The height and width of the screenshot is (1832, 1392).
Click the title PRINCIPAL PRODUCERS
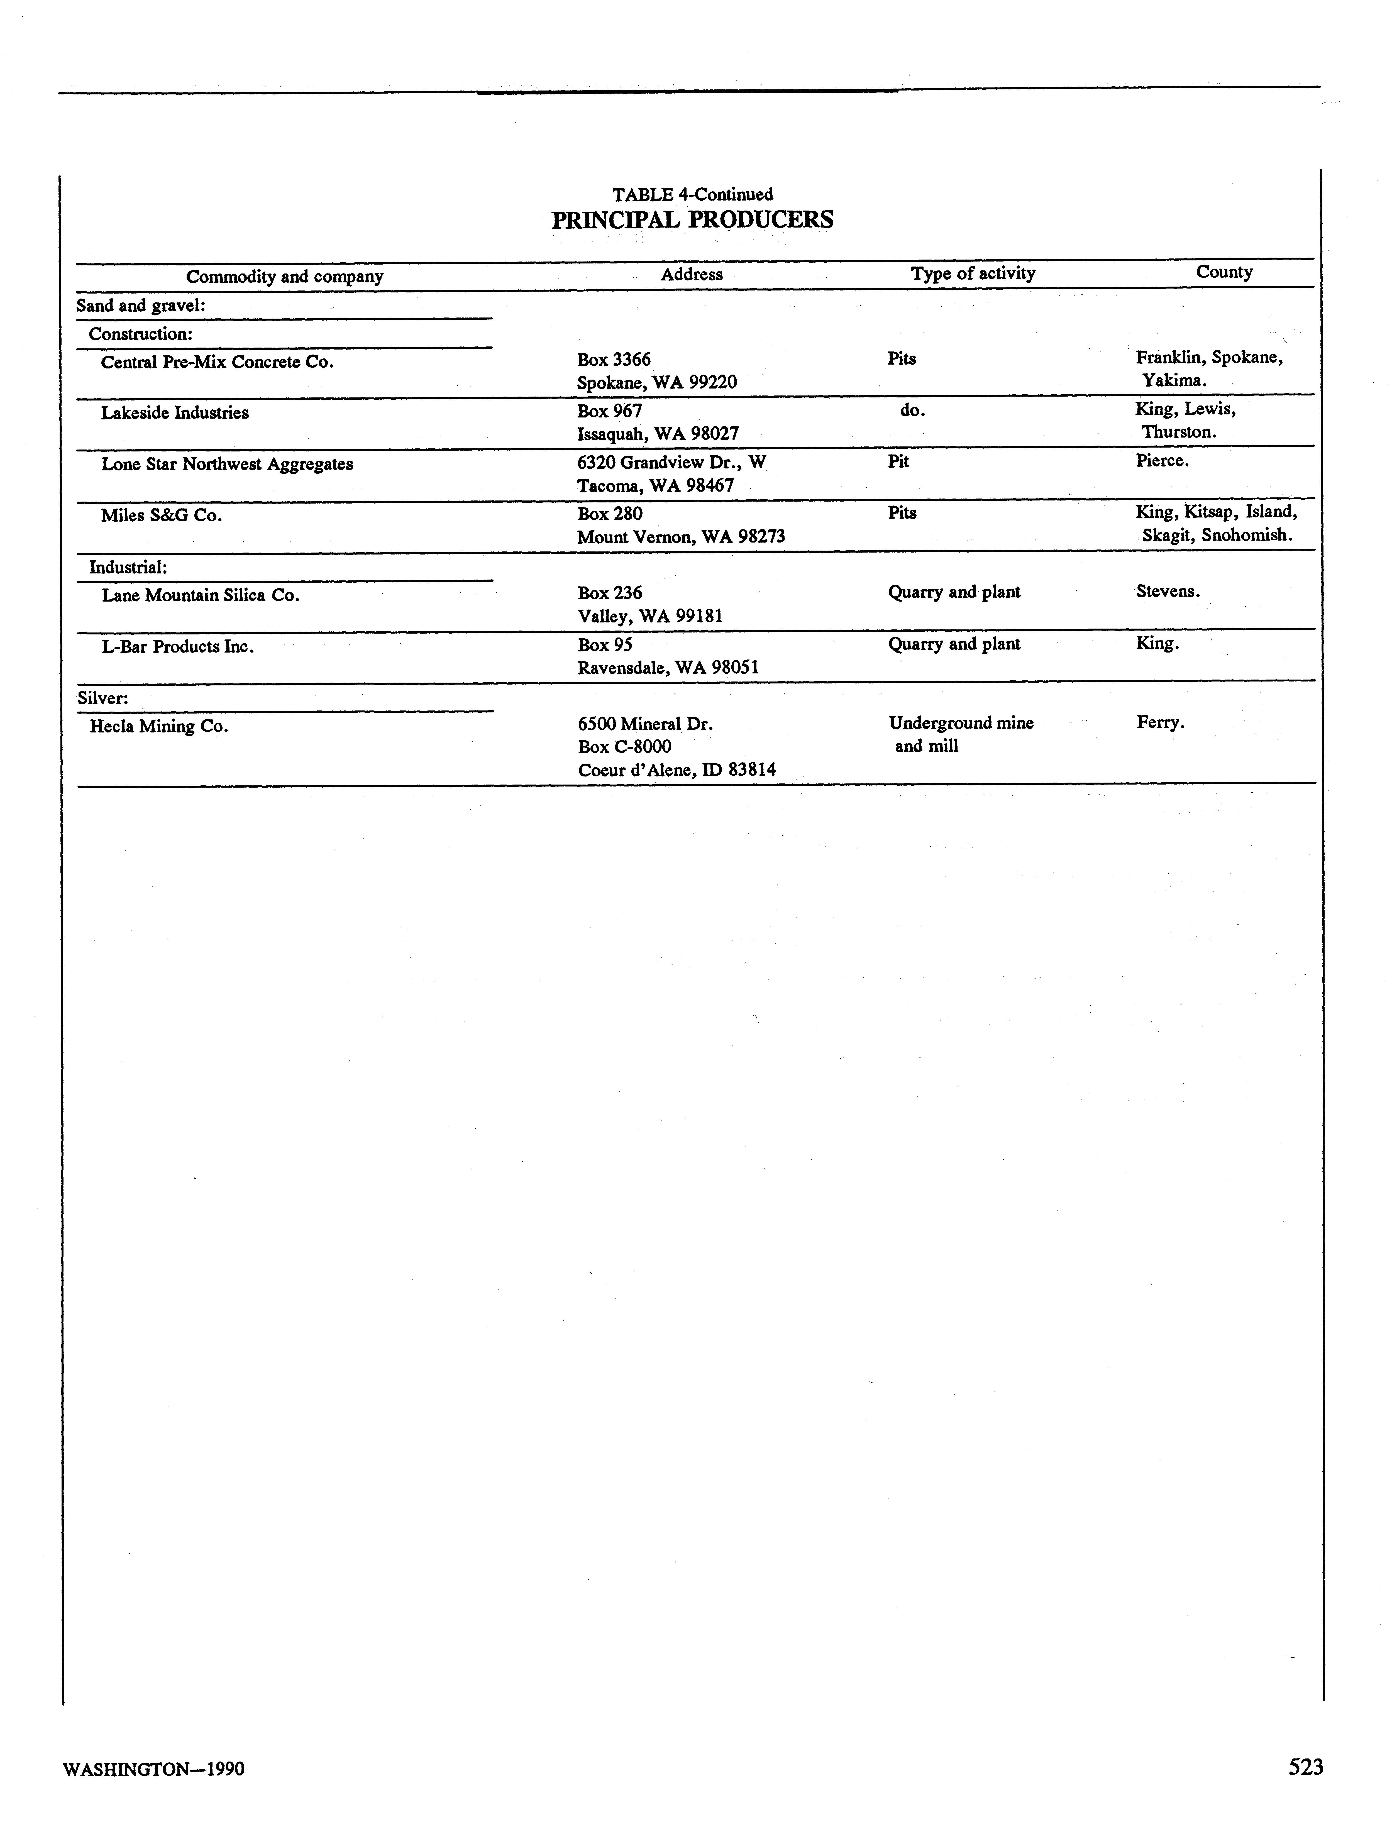pyautogui.click(x=692, y=219)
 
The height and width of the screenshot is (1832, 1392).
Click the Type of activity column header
pyautogui.click(x=973, y=273)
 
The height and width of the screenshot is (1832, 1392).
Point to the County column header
pyautogui.click(x=1224, y=272)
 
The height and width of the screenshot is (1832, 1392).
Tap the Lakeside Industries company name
pyautogui.click(x=175, y=413)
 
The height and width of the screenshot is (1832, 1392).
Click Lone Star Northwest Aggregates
pyautogui.click(x=227, y=464)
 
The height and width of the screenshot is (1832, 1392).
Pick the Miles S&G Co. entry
pyautogui.click(x=162, y=516)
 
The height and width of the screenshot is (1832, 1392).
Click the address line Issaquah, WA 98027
pyautogui.click(x=658, y=433)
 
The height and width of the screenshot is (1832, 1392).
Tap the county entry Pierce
pyautogui.click(x=1162, y=461)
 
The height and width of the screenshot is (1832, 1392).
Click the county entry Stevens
pyautogui.click(x=1168, y=592)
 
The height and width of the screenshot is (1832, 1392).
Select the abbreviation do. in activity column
pyautogui.click(x=911, y=410)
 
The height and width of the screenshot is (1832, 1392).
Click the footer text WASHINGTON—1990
pyautogui.click(x=154, y=1769)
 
